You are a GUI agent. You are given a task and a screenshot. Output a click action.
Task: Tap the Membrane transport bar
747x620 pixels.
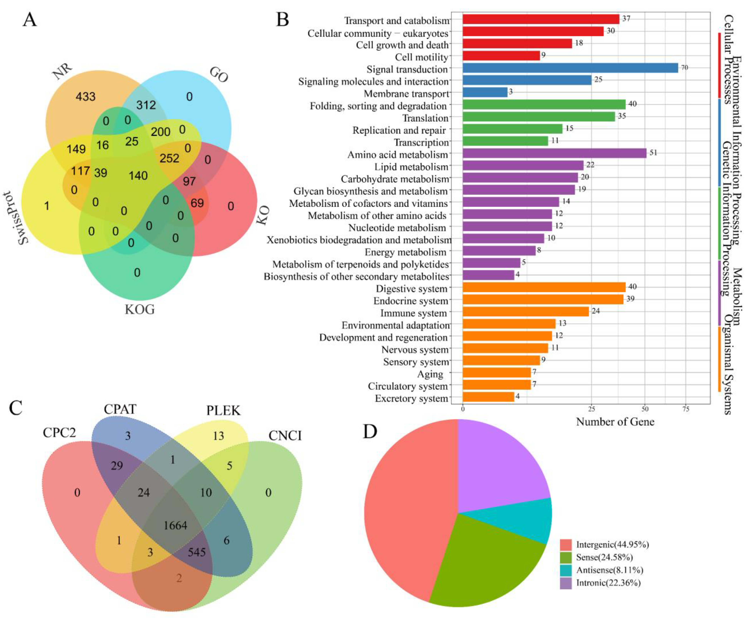pyautogui.click(x=485, y=92)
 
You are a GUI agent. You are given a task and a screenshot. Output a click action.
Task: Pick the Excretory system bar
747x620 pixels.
pyautogui.click(x=488, y=397)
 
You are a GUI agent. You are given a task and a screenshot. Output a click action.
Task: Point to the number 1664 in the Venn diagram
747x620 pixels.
pyautogui.click(x=175, y=525)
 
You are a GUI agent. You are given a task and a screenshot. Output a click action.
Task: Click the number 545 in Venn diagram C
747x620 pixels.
pyautogui.click(x=196, y=552)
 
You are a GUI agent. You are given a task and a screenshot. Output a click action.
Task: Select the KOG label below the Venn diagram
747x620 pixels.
pyautogui.click(x=139, y=309)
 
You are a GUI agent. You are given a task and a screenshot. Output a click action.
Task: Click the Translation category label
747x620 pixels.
pyautogui.click(x=425, y=118)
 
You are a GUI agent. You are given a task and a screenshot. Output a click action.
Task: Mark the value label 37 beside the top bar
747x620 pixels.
pyautogui.click(x=626, y=18)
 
